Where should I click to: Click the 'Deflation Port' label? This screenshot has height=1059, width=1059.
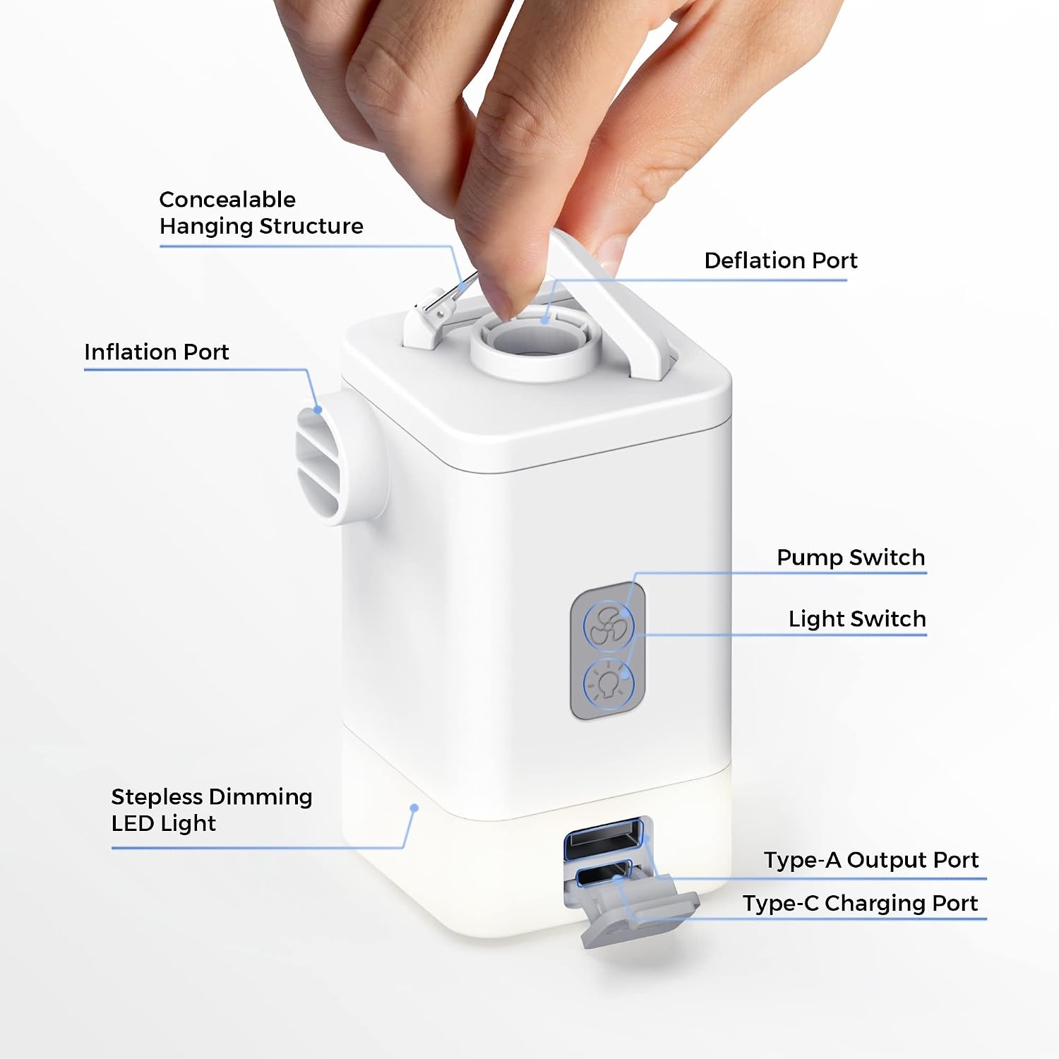[x=780, y=261]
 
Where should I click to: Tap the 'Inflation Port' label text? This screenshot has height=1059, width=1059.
[x=156, y=352]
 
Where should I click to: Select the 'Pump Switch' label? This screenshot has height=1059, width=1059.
[x=851, y=557]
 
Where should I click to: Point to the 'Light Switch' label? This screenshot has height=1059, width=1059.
[x=857, y=618]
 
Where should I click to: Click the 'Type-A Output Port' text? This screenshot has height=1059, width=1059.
[x=871, y=860]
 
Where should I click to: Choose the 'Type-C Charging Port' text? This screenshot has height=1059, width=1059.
[x=860, y=903]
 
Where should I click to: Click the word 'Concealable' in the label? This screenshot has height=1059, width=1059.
[x=227, y=199]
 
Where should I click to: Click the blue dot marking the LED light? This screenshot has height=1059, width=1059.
[x=415, y=808]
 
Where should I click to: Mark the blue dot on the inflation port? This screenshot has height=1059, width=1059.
[x=318, y=409]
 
